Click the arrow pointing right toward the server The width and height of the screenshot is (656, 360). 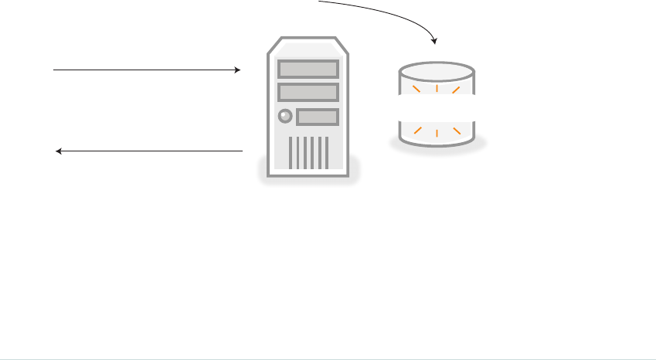click(x=147, y=70)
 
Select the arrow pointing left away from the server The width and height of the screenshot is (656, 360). click(x=150, y=151)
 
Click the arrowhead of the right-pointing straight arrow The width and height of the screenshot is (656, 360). click(x=238, y=70)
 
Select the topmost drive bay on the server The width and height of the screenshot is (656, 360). click(x=308, y=69)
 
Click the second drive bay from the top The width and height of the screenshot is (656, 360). click(x=308, y=93)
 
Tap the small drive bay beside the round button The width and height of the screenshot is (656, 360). click(x=318, y=117)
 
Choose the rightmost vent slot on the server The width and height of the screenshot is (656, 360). click(x=326, y=153)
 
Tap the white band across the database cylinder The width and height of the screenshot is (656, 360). click(x=437, y=107)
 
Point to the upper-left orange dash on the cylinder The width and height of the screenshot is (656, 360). click(x=416, y=90)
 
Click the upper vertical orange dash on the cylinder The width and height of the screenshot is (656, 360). click(x=437, y=87)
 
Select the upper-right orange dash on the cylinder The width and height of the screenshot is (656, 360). click(x=457, y=90)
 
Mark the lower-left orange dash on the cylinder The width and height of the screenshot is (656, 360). click(x=418, y=129)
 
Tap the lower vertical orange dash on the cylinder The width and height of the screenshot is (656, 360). click(x=437, y=134)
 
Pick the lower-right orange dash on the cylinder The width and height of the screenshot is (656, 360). click(x=457, y=129)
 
